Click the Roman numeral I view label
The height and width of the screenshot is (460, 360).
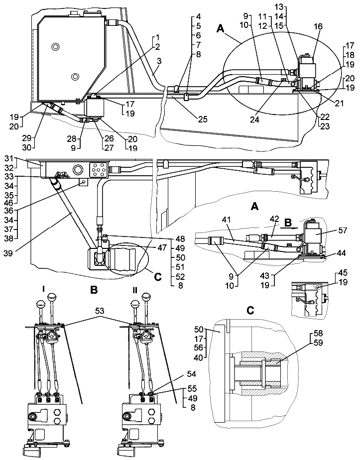coord(45,289)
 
